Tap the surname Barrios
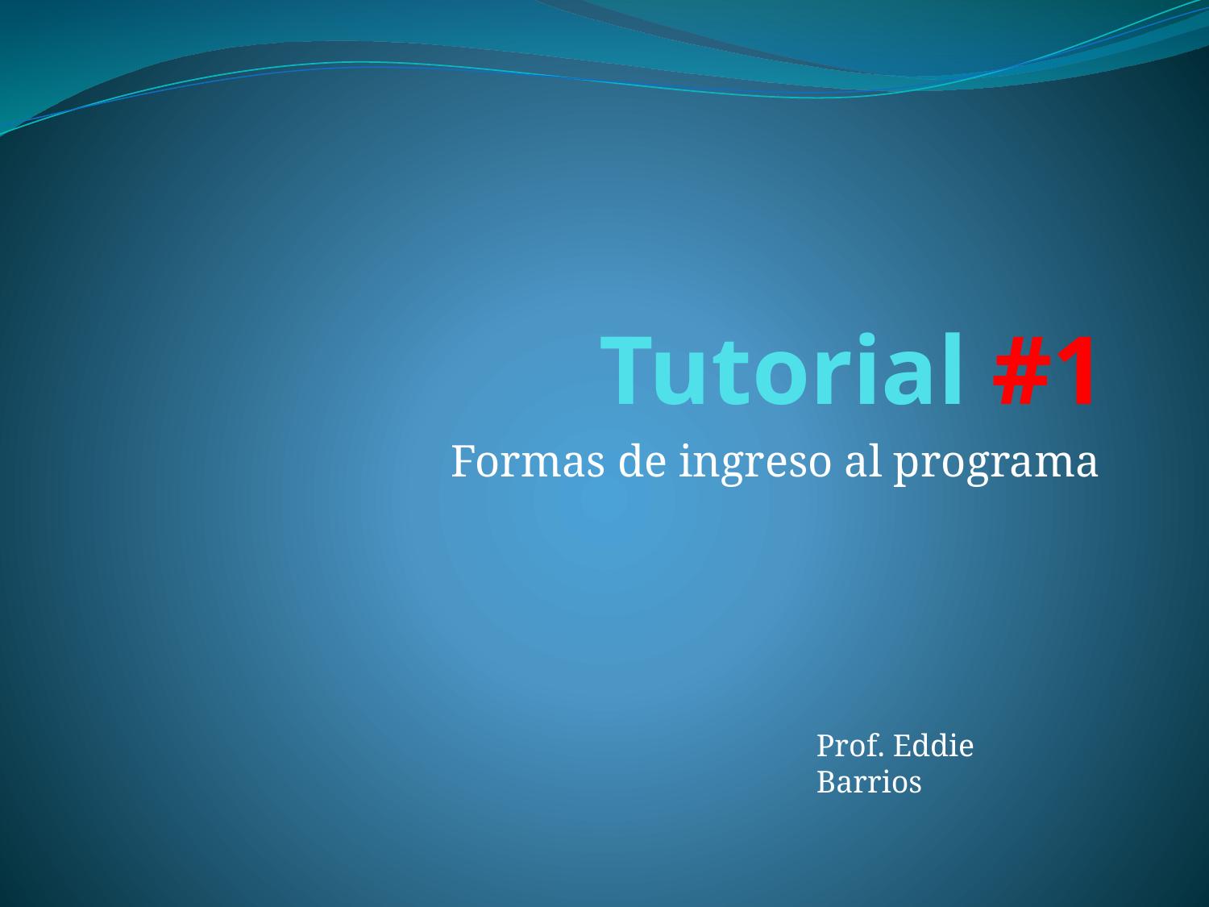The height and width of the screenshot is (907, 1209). coord(869,782)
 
